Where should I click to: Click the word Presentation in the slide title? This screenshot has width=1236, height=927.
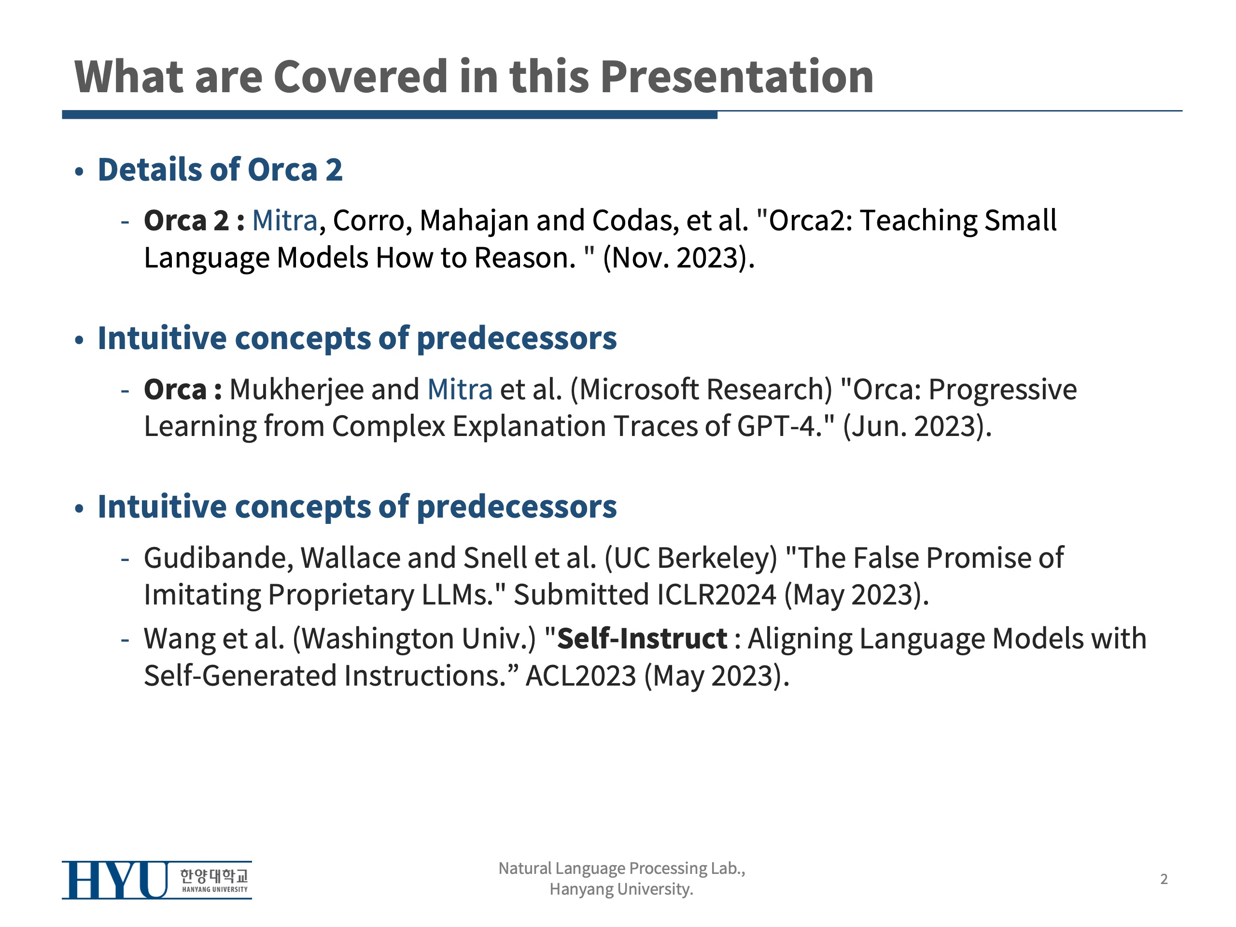[737, 77]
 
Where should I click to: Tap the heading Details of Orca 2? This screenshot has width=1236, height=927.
[220, 169]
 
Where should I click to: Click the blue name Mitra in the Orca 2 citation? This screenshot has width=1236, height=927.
[284, 220]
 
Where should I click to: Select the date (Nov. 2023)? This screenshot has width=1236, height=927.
[678, 258]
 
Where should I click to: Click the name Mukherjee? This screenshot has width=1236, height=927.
[296, 390]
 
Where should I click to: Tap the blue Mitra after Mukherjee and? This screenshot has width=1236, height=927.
[460, 390]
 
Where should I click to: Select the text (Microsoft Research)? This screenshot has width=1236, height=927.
[701, 390]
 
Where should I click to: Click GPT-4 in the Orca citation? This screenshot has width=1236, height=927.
[776, 426]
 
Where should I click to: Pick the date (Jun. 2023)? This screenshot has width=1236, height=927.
[916, 426]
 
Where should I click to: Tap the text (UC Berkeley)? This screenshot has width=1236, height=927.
[690, 558]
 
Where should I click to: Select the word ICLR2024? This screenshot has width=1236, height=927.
[716, 594]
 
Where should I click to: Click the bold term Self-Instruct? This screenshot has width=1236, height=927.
[642, 639]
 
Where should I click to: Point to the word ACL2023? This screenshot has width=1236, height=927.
[581, 676]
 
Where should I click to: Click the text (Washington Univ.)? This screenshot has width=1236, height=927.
[414, 639]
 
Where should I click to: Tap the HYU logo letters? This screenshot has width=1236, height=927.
[114, 880]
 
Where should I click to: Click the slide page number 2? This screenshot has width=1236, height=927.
[1164, 880]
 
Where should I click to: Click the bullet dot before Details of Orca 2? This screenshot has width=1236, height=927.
[79, 171]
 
